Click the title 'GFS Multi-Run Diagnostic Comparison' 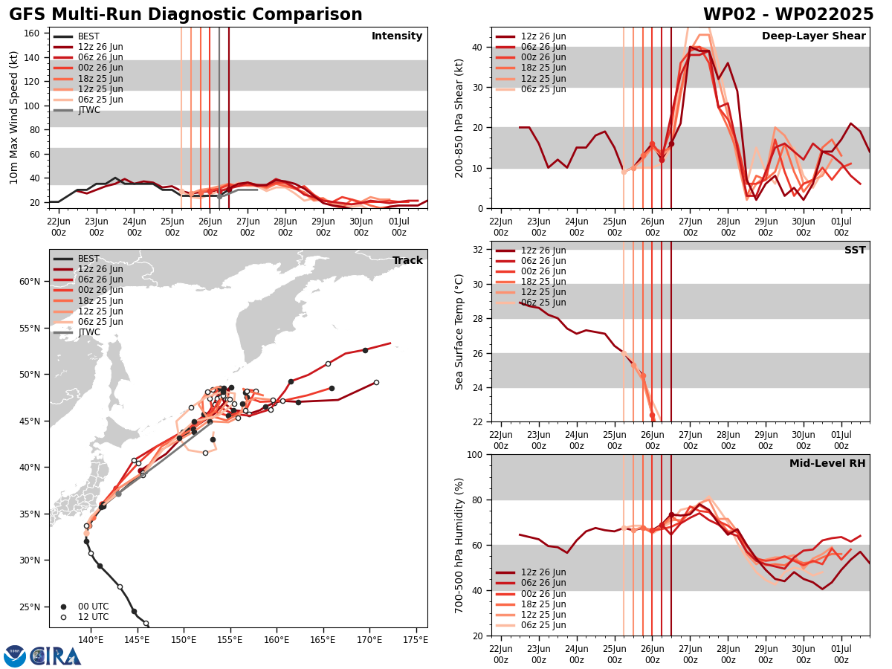(186, 15)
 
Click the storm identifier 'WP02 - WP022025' (788, 15)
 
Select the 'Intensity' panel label (397, 36)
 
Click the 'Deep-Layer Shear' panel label (813, 36)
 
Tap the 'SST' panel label (855, 251)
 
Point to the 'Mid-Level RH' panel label (827, 464)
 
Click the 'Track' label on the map (407, 261)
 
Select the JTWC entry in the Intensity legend (88, 110)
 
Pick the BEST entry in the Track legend (88, 259)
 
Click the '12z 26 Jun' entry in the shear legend (543, 36)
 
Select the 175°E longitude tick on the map (416, 639)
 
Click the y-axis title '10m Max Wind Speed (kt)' (14, 117)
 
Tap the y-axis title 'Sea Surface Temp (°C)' (459, 332)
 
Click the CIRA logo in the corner (42, 656)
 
